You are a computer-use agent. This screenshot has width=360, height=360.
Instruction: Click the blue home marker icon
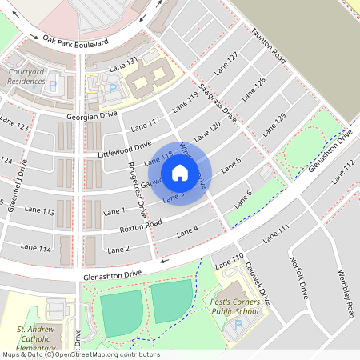[180, 172]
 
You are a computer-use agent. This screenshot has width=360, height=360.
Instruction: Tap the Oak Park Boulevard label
[75, 40]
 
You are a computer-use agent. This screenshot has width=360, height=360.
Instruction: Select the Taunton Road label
[269, 45]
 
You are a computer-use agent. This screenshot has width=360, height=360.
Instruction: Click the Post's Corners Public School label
[239, 305]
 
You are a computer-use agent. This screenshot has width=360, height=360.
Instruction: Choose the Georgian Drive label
[92, 115]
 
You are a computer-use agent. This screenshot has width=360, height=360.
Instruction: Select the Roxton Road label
[140, 226]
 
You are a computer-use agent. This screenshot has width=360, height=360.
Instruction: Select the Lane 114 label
[36, 250]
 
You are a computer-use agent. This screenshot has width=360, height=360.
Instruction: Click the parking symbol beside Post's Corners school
[237, 326]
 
